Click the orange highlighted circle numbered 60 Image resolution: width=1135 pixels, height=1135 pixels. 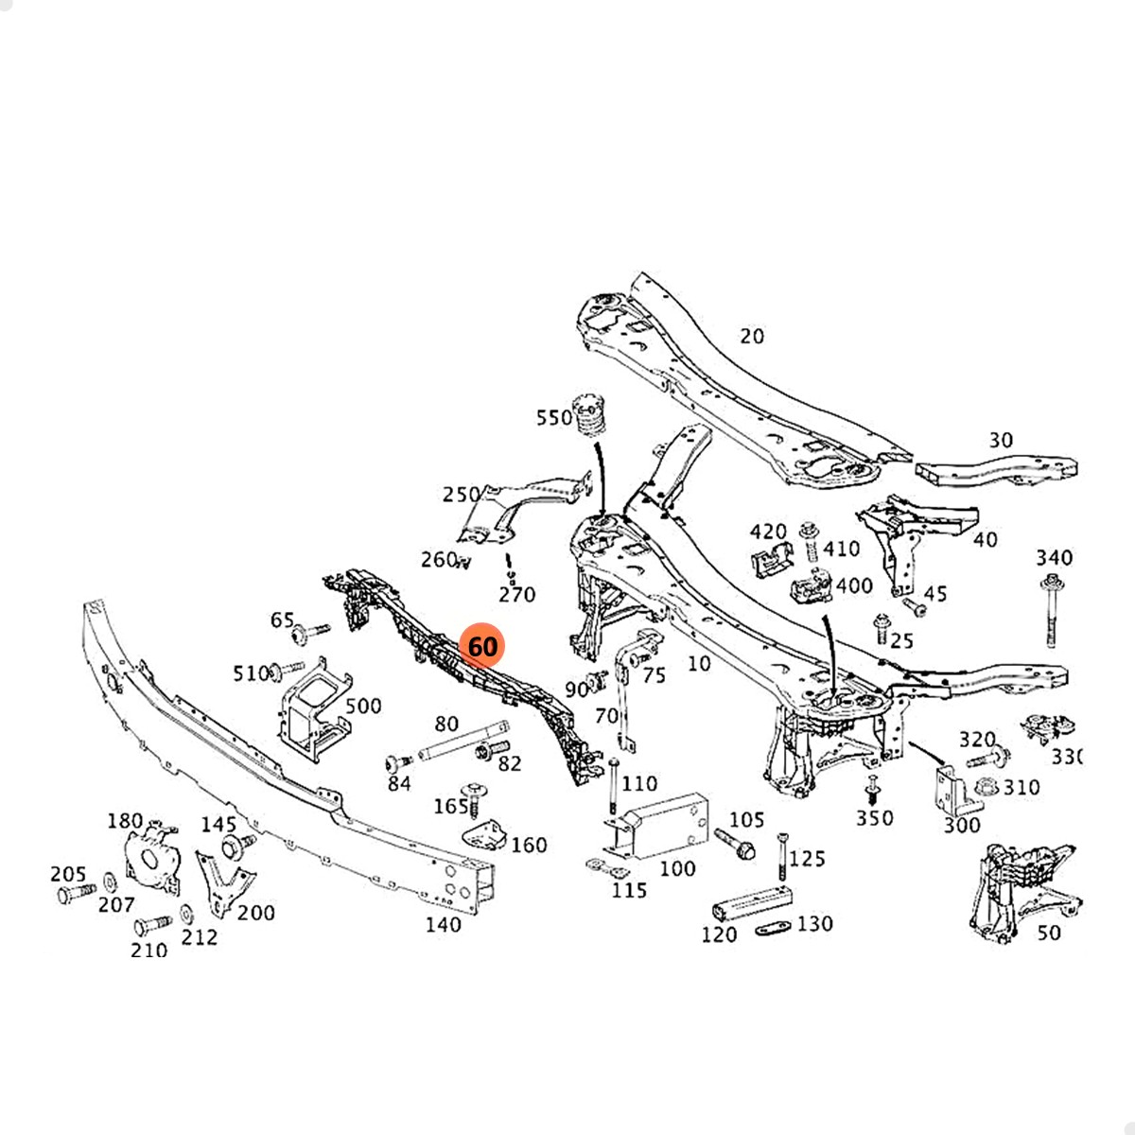pyautogui.click(x=482, y=647)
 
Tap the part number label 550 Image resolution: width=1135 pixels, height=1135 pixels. pyautogui.click(x=554, y=418)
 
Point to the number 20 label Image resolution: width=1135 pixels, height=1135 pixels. pyautogui.click(x=752, y=336)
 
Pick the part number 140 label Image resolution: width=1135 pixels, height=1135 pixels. pyautogui.click(x=443, y=924)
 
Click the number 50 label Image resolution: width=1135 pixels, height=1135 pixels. pyautogui.click(x=1049, y=933)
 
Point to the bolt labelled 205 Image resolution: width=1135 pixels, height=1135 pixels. pyautogui.click(x=76, y=893)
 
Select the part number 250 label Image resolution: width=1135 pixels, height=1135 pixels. pyautogui.click(x=462, y=495)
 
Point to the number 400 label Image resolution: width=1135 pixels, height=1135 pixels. pyautogui.click(x=854, y=586)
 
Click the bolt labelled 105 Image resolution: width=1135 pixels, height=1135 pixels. pyautogui.click(x=732, y=842)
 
